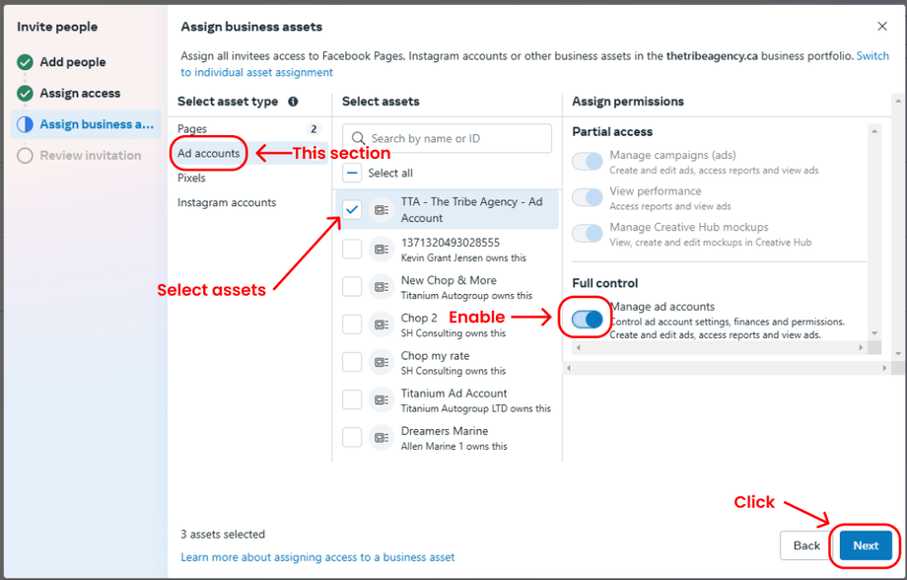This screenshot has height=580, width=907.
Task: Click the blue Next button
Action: click(866, 545)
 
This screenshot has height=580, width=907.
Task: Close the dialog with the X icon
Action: click(882, 26)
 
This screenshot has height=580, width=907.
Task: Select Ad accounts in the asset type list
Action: click(208, 154)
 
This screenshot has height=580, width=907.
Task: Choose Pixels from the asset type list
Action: click(191, 178)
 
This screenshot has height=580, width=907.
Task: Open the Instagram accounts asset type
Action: click(227, 202)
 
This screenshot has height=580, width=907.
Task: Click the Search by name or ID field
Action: click(447, 138)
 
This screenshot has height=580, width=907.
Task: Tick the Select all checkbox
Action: click(352, 173)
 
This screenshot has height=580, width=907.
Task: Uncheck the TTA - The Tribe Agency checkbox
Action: click(352, 209)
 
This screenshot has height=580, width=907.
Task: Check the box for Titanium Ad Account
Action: click(352, 399)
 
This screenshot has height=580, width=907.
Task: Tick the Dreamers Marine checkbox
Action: click(352, 437)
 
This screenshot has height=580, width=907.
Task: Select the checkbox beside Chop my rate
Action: click(352, 362)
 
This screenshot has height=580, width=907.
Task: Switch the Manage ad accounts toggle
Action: click(588, 319)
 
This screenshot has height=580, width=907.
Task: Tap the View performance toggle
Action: click(588, 197)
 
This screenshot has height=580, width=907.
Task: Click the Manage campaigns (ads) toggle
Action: click(588, 162)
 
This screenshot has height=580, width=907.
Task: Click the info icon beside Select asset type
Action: click(293, 102)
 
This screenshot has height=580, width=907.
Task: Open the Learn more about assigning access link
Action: click(317, 557)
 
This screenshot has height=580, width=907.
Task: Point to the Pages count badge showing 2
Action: click(314, 128)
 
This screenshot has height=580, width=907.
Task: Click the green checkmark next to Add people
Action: click(25, 62)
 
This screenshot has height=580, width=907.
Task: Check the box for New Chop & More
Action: click(352, 286)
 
